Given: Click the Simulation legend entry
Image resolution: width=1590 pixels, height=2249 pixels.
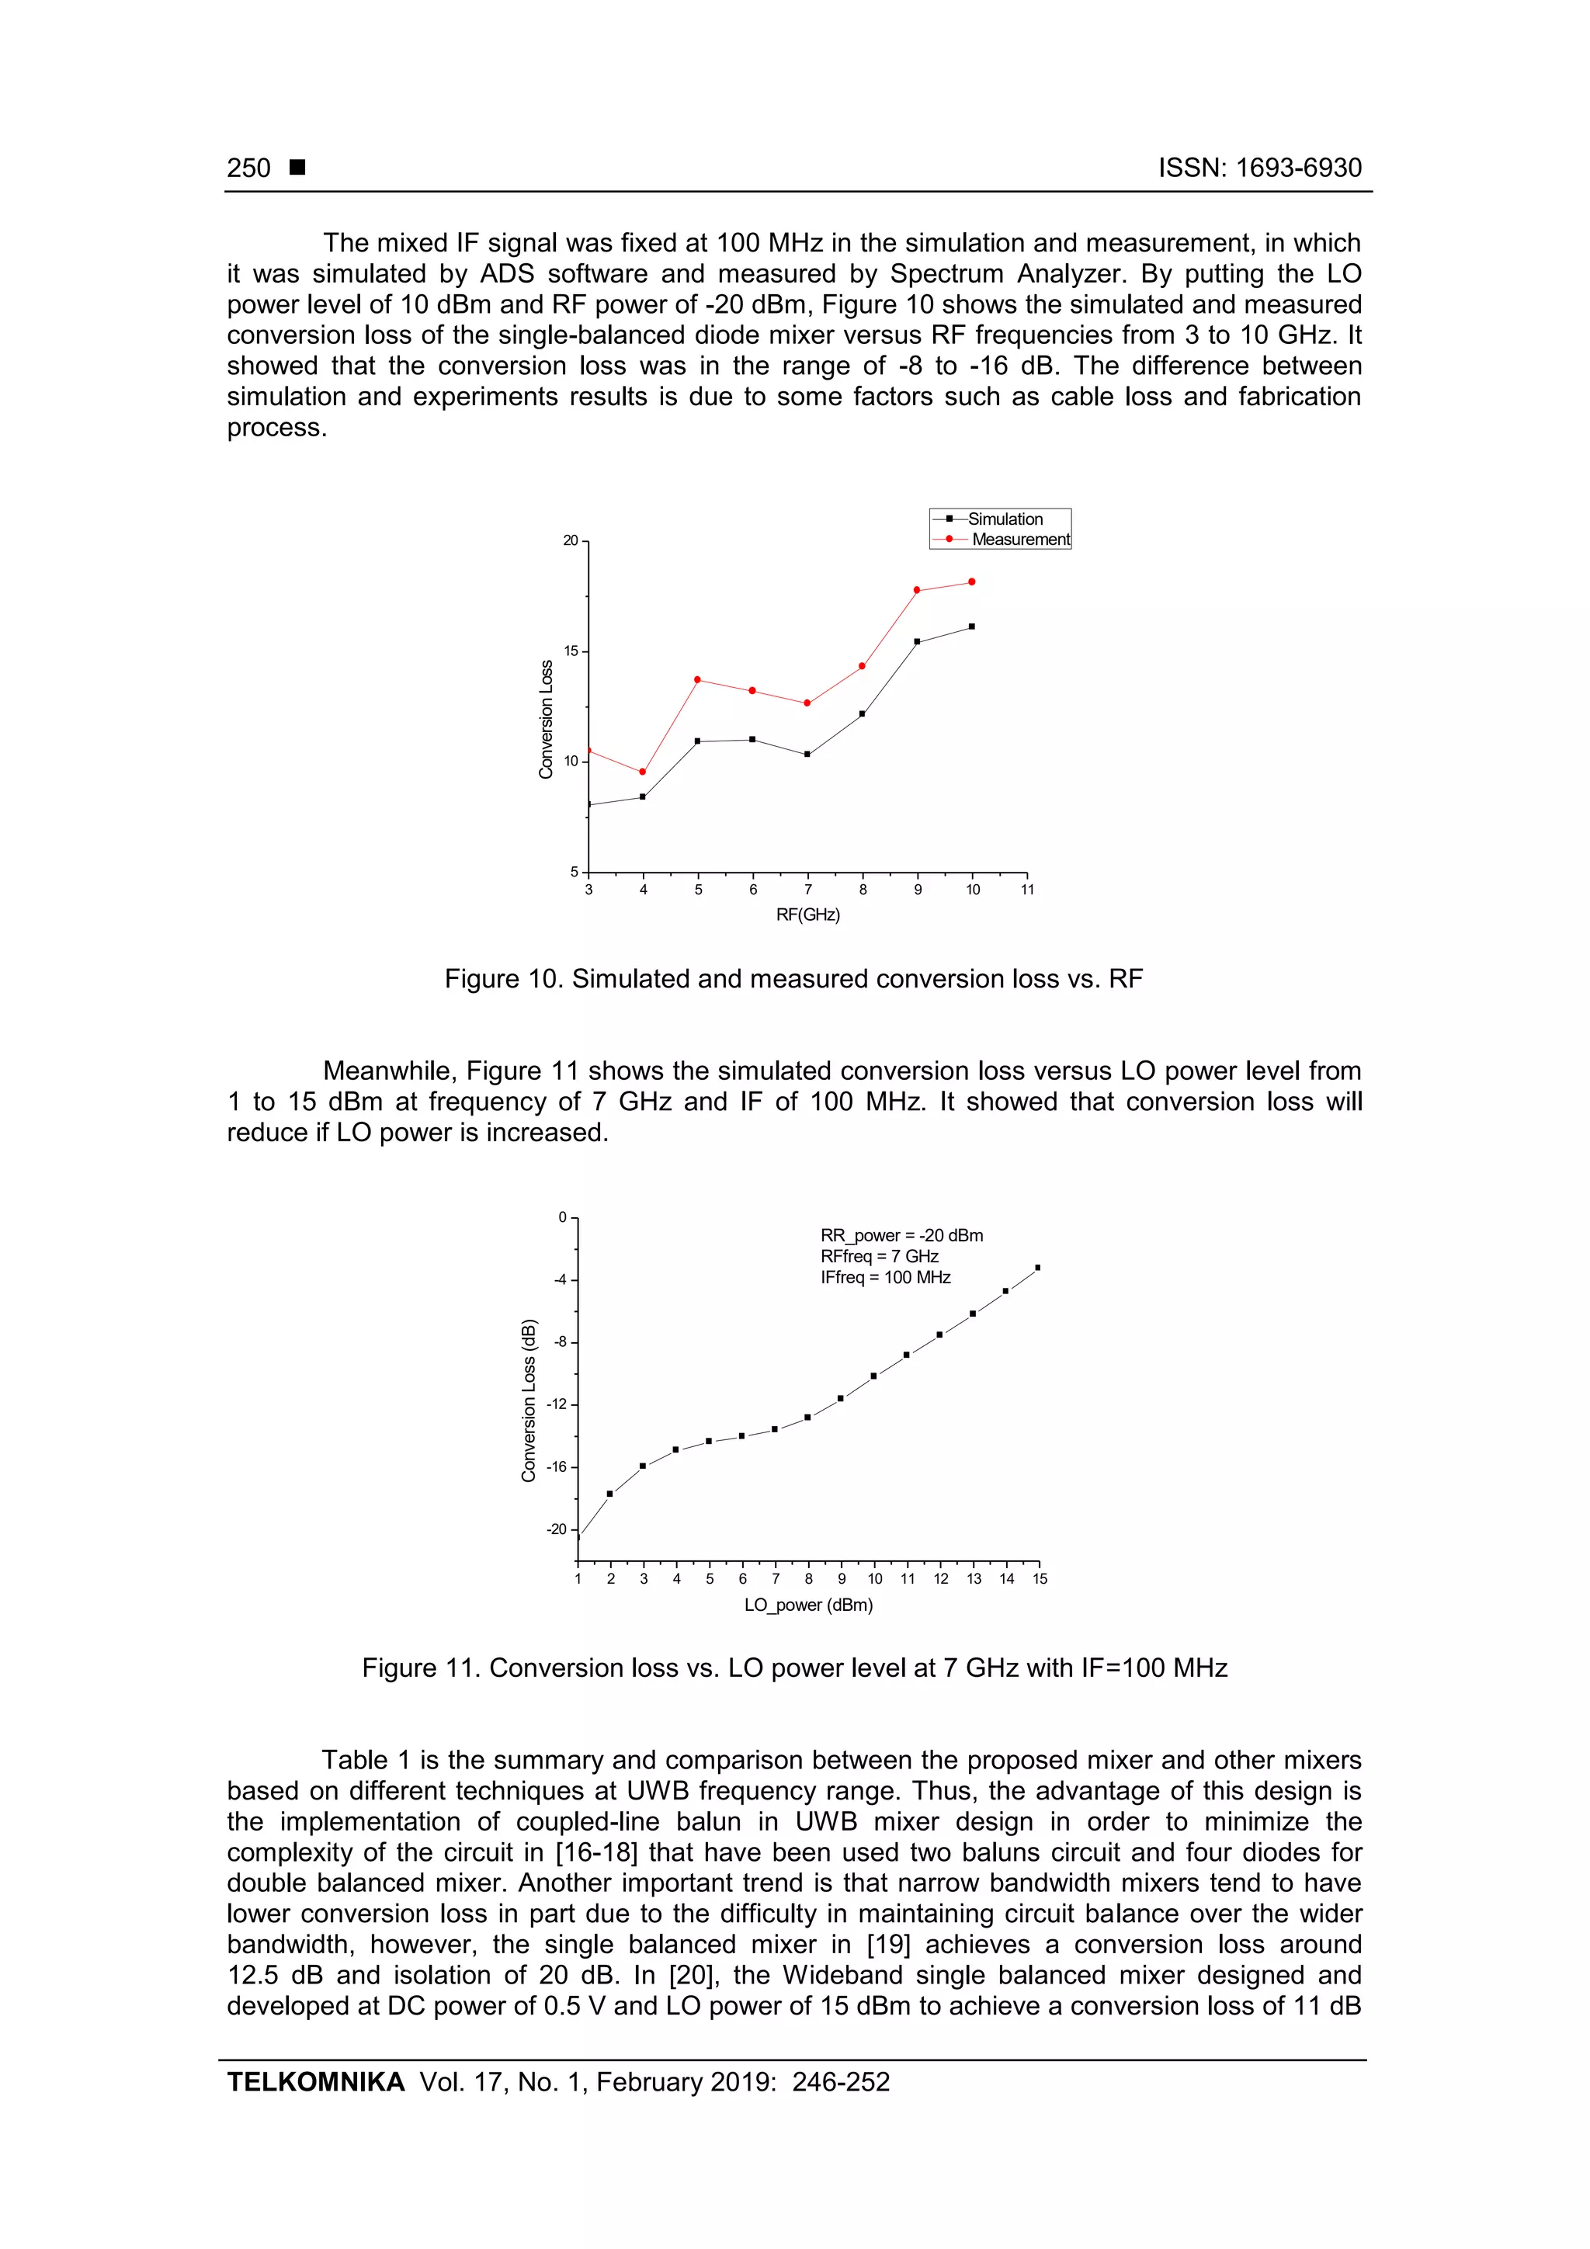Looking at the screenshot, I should (1004, 519).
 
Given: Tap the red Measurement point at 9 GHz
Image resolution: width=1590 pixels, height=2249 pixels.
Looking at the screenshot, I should (917, 591).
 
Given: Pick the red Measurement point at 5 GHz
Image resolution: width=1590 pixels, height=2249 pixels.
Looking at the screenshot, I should (697, 680).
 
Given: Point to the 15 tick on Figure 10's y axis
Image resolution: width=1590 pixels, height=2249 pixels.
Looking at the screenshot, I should (571, 651).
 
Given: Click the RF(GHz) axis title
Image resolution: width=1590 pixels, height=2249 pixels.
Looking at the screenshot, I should (808, 915).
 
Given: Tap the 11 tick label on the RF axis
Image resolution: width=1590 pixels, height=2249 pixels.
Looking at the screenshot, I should (1026, 890).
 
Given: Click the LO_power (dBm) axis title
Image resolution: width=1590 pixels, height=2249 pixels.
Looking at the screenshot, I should (808, 1605).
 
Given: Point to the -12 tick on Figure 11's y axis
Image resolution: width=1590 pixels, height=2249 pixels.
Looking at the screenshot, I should (557, 1404).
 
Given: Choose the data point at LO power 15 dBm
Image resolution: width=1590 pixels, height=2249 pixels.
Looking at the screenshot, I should (1037, 1268).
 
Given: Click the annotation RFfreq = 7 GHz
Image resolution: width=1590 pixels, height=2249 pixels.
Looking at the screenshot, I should (879, 1257).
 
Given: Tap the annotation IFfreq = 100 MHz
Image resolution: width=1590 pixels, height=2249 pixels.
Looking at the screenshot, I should (886, 1277).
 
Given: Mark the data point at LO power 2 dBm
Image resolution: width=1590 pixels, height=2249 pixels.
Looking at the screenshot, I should (610, 1494).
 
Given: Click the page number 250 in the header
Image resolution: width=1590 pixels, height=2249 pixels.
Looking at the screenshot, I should (249, 168).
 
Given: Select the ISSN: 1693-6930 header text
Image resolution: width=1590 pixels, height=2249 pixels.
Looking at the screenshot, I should (1260, 168).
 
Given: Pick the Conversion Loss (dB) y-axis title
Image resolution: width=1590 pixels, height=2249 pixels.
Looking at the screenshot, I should (529, 1400).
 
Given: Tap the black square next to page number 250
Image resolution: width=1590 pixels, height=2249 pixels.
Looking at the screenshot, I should (298, 168).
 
